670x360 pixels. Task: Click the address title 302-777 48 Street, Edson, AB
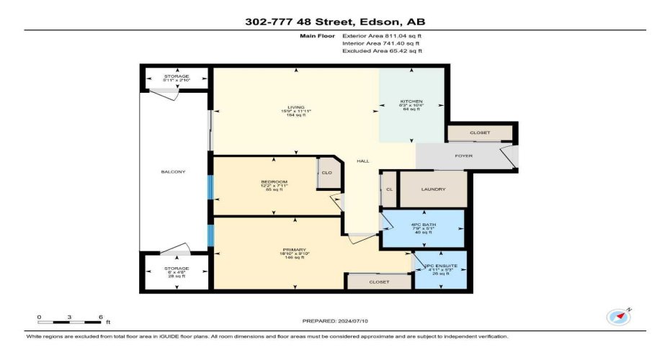[x=335, y=22]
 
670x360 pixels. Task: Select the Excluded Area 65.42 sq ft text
[x=382, y=51]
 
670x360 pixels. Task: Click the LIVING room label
[x=296, y=108]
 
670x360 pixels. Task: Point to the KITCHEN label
[x=411, y=102]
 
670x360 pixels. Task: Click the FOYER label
[x=463, y=156]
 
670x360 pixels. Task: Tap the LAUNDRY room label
[x=434, y=189]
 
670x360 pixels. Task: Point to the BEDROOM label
[x=274, y=181]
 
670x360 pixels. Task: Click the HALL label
[x=363, y=161]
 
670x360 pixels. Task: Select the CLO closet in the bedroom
[x=326, y=173]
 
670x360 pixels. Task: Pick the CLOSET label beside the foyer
[x=480, y=133]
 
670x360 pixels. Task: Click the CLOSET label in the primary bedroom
[x=379, y=282]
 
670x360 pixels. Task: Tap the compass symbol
[x=618, y=317]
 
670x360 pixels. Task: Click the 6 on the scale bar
[x=99, y=318]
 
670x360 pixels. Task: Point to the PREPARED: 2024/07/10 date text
[x=335, y=320]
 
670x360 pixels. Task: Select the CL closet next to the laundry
[x=389, y=189]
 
